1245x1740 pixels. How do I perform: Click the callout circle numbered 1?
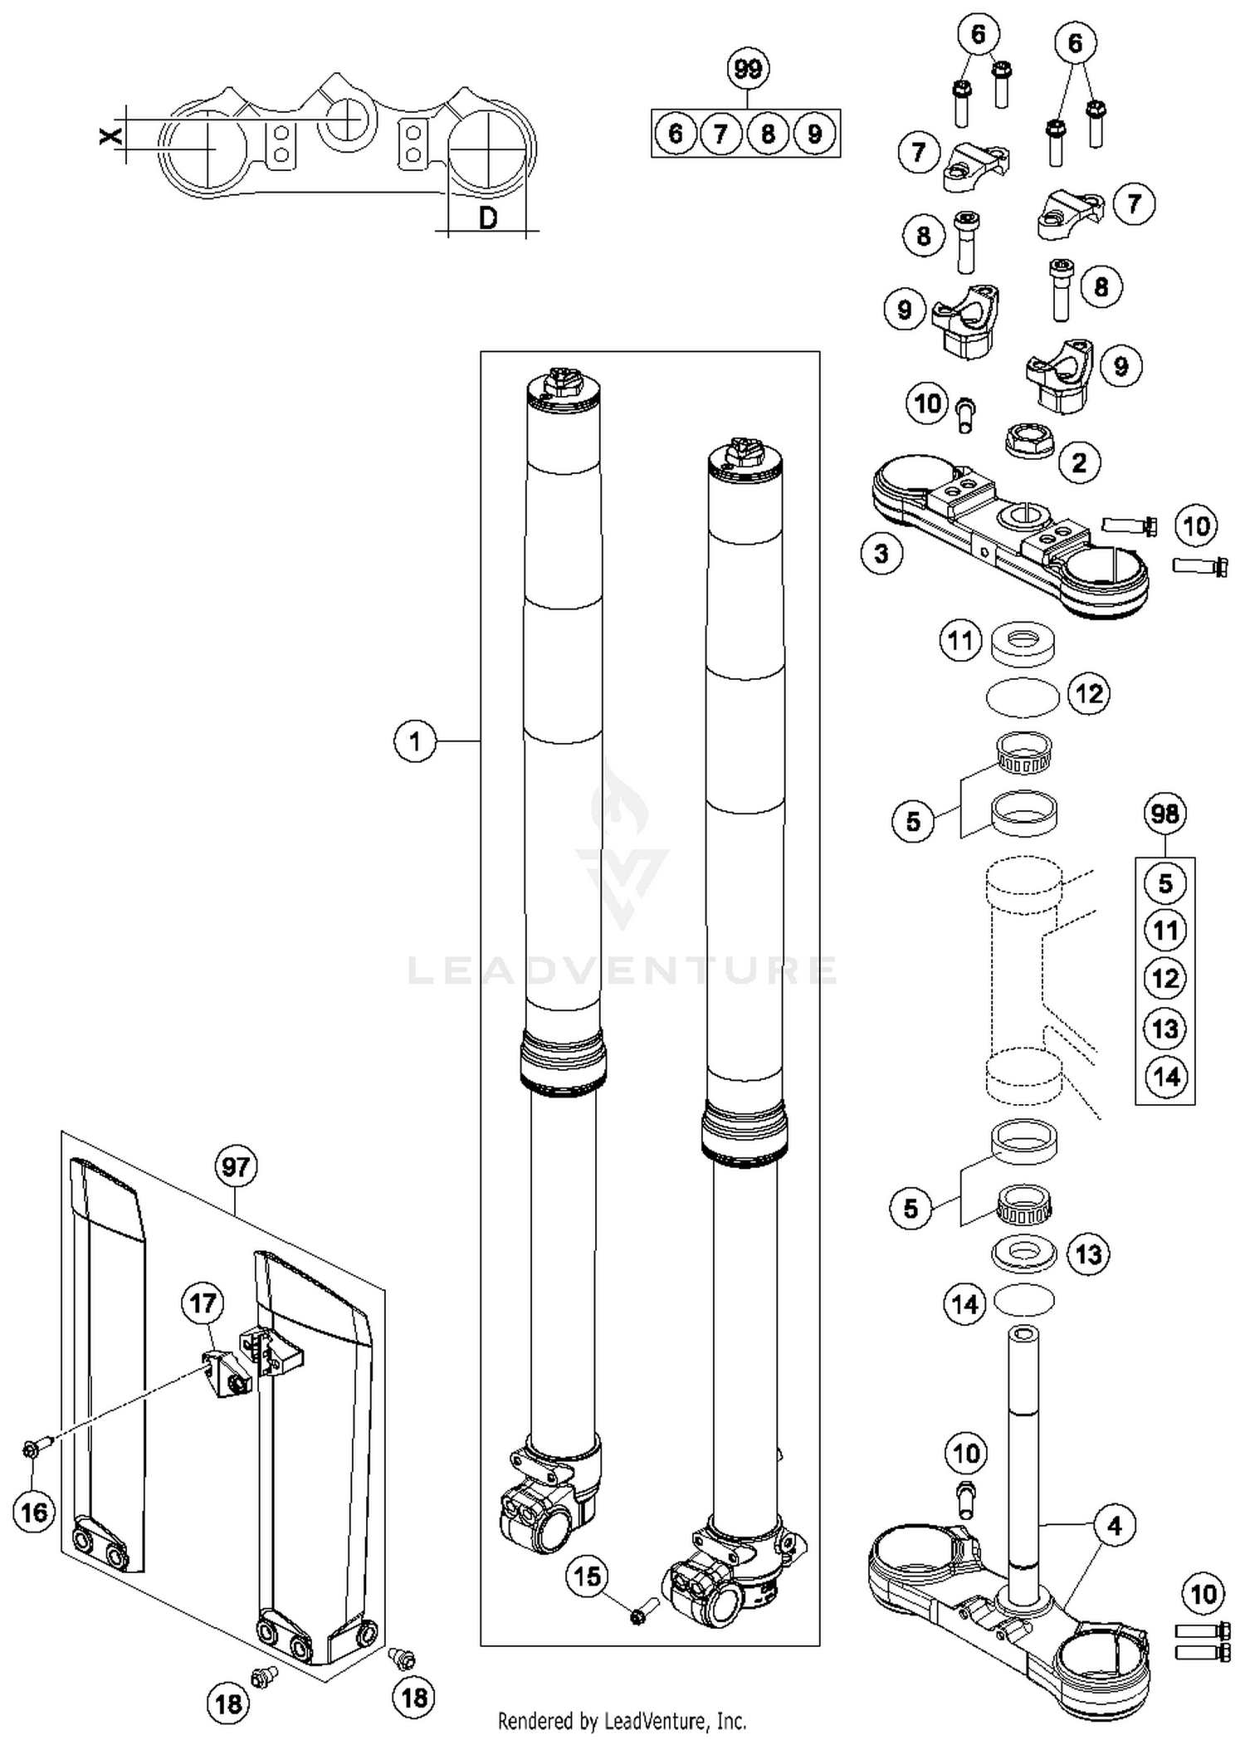[x=415, y=740]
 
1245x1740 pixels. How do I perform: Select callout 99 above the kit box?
[x=748, y=68]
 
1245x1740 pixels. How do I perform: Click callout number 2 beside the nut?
[x=1079, y=462]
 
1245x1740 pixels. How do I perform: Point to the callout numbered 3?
[x=881, y=553]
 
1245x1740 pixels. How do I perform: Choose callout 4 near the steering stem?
[x=1114, y=1525]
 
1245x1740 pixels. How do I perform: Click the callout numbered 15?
[x=588, y=1576]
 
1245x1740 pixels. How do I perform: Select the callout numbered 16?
[x=34, y=1512]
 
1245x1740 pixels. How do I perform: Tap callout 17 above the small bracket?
[x=203, y=1303]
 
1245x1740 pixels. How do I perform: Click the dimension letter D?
[x=489, y=217]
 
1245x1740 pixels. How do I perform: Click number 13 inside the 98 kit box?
[x=1165, y=1029]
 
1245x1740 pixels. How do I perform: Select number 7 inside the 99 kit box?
[x=721, y=134]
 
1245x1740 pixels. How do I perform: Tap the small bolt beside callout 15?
[x=643, y=1610]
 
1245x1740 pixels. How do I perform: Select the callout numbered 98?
[x=1164, y=814]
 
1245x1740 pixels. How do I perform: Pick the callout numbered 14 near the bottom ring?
[x=964, y=1304]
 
